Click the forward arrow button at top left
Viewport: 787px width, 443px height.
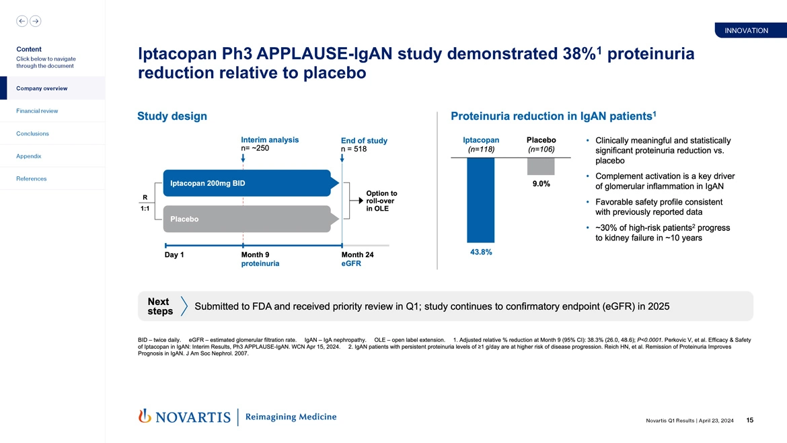click(35, 21)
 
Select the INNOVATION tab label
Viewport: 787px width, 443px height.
click(746, 30)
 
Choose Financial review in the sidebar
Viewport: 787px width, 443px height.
click(37, 111)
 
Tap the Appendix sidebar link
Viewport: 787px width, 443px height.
click(28, 156)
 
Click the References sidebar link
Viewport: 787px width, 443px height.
click(31, 178)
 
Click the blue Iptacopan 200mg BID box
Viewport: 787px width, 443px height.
click(246, 183)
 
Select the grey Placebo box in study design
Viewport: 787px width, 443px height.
click(246, 219)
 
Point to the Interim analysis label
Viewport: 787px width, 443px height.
click(269, 140)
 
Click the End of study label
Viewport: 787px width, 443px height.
click(364, 141)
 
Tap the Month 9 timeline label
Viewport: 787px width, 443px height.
click(255, 255)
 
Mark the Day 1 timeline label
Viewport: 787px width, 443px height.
click(174, 255)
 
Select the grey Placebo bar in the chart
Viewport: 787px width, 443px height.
click(541, 166)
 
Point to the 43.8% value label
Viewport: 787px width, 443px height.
click(480, 252)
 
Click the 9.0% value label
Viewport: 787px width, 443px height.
click(541, 184)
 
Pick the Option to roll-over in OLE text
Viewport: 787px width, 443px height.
click(381, 201)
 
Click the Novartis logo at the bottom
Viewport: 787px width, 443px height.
click(184, 417)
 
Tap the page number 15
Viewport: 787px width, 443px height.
click(749, 421)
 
